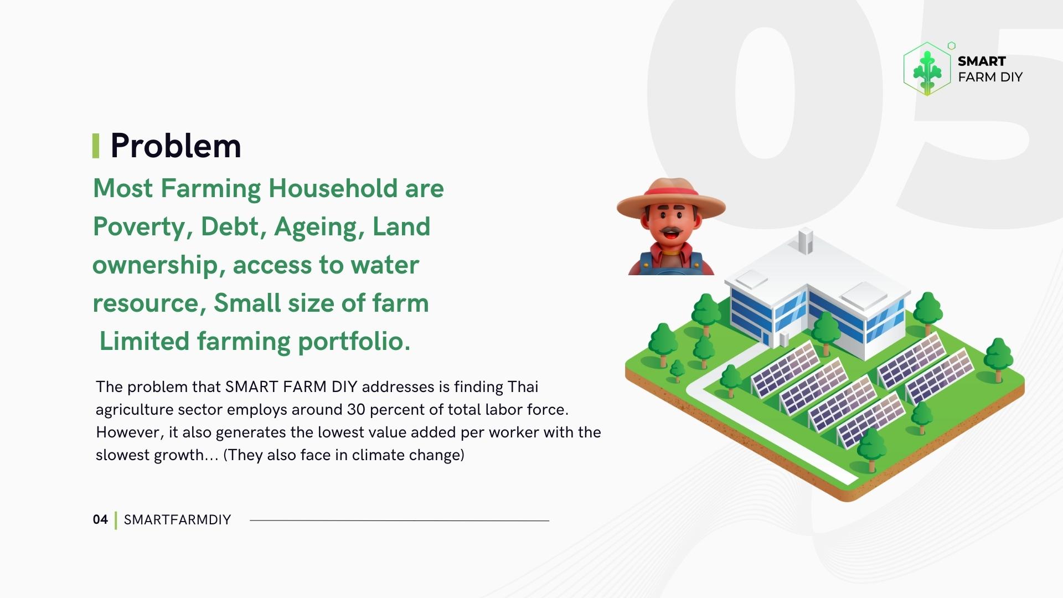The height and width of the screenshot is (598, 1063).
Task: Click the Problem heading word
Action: point(176,146)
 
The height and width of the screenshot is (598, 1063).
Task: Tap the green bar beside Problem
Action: point(96,146)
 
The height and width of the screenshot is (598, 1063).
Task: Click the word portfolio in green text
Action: point(353,342)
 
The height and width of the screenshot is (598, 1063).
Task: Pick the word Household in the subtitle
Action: point(333,189)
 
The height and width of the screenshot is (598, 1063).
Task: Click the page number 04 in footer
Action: point(100,520)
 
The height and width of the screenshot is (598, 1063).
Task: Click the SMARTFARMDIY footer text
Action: point(177,520)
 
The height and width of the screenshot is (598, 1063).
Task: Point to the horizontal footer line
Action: point(399,520)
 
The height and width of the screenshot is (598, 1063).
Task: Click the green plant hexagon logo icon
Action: point(927,70)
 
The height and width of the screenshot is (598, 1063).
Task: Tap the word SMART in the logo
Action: point(982,61)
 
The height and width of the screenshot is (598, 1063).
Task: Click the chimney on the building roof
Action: point(806,240)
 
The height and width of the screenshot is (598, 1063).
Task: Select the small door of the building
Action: point(783,339)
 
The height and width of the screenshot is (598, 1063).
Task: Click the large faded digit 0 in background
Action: point(765,94)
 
